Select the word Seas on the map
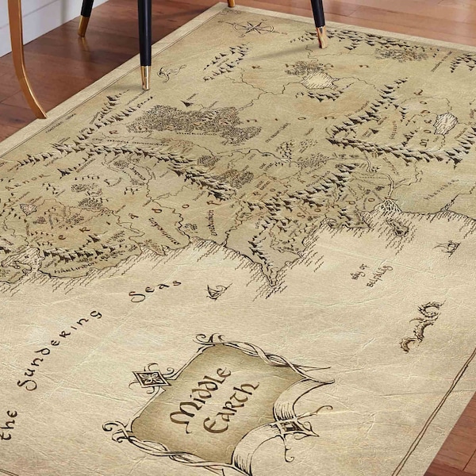coord(155,290)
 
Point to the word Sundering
coord(59,349)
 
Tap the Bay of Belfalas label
coord(371,274)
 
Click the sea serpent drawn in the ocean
coord(421,324)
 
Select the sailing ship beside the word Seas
coord(216,291)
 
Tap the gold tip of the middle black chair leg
coord(145,77)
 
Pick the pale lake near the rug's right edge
coord(445,122)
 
